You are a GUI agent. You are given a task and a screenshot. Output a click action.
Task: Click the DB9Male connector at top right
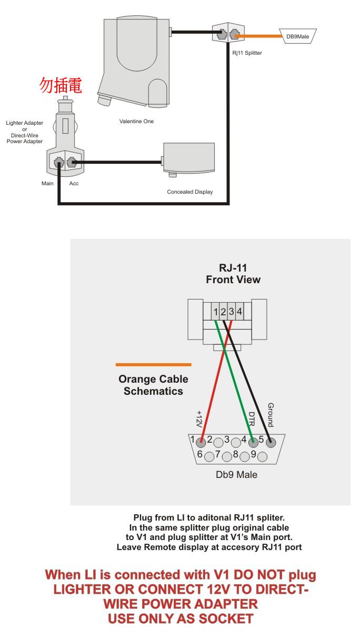[297, 36]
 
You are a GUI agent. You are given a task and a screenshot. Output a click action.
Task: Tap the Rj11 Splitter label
[247, 53]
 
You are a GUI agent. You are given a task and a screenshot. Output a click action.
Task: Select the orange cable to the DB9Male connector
[261, 36]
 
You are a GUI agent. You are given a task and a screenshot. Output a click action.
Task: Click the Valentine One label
[136, 122]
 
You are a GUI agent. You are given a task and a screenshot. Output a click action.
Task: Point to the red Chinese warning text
[62, 86]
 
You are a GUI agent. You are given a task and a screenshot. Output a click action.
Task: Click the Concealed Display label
[190, 192]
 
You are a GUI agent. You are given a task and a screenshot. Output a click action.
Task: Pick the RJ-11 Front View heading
[233, 274]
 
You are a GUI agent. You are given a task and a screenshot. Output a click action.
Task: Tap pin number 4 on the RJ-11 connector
[239, 312]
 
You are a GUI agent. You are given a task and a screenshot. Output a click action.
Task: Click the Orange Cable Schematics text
[153, 385]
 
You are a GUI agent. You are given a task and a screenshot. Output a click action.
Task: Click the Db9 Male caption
[237, 475]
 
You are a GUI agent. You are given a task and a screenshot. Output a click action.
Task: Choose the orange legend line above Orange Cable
[153, 364]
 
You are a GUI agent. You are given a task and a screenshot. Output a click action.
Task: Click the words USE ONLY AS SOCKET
[181, 618]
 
